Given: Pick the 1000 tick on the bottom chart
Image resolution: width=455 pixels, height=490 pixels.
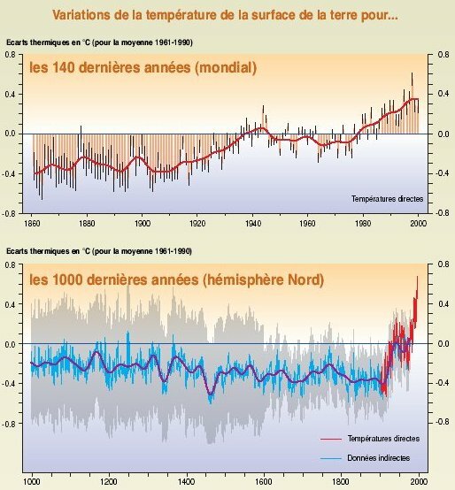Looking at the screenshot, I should pyautogui.click(x=32, y=483).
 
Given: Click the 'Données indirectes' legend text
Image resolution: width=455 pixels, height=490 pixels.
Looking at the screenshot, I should pyautogui.click(x=386, y=458).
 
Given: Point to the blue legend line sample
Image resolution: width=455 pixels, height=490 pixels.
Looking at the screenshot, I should pyautogui.click(x=331, y=458).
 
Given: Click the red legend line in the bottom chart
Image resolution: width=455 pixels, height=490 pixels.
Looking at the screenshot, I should pyautogui.click(x=331, y=438).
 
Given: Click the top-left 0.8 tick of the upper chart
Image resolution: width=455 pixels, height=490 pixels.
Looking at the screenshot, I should pyautogui.click(x=12, y=55).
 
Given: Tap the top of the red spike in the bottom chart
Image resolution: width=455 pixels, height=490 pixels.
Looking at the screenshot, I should pyautogui.click(x=418, y=278).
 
